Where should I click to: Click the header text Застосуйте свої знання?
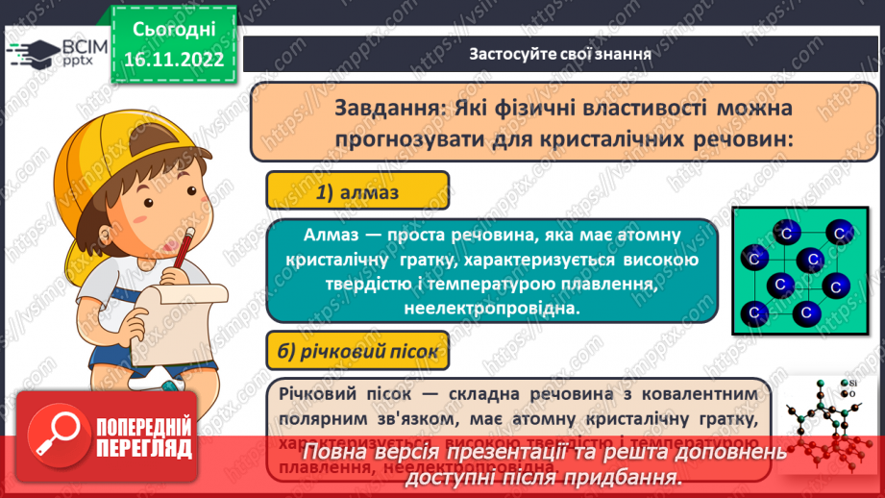[x=560, y=54]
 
